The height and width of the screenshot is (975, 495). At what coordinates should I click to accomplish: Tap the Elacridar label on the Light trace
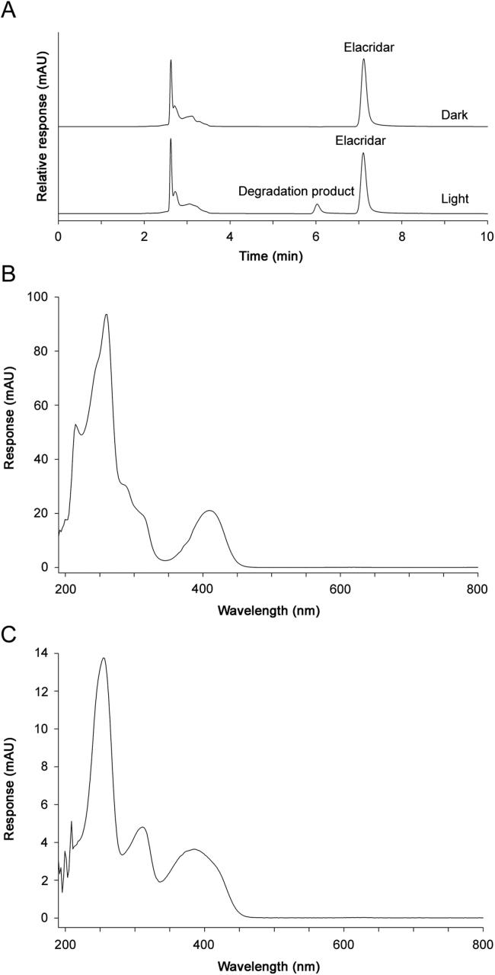pyautogui.click(x=363, y=141)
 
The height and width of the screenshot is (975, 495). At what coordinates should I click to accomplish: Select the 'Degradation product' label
pyautogui.click(x=296, y=191)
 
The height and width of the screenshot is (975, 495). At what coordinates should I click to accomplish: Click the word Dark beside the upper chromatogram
pyautogui.click(x=455, y=115)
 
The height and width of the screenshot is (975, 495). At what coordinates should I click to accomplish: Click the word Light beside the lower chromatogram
pyautogui.click(x=455, y=199)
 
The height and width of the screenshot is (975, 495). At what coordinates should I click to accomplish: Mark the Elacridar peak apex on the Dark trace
pyautogui.click(x=363, y=59)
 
